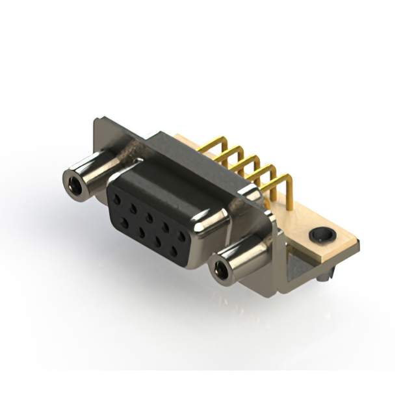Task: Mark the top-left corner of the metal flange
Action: tap(97, 120)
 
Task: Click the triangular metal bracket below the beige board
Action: tap(300, 263)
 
